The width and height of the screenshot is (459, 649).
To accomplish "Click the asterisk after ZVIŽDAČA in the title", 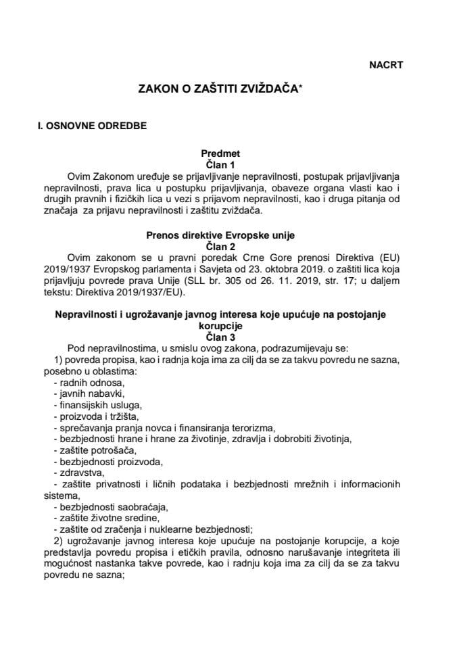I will pyautogui.click(x=301, y=89).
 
